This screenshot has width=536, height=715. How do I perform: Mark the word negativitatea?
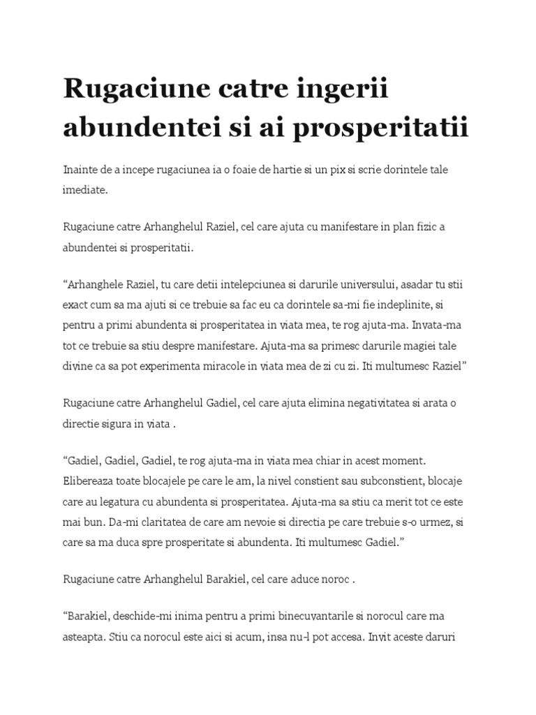(x=380, y=403)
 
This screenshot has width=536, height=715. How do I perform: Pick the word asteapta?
(x=84, y=637)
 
